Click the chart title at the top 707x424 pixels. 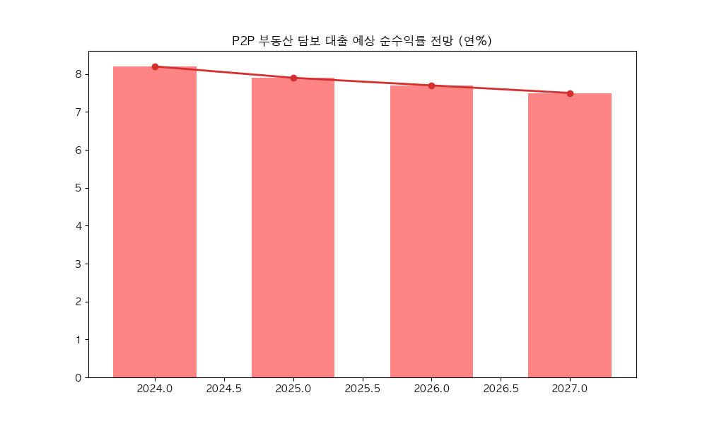362,41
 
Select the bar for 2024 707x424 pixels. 155,222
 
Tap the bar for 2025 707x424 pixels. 293,228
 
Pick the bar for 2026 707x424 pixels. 431,231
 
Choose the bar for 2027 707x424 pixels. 570,235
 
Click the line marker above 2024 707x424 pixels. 155,66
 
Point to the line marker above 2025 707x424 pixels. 293,78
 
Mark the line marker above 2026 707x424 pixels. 431,86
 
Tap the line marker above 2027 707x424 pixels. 570,93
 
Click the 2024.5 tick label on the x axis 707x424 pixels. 224,389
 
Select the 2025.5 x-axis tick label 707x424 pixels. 363,389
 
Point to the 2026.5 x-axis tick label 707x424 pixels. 501,389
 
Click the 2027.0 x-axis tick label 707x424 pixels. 570,389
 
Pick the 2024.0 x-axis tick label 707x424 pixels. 155,389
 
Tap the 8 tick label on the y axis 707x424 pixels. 78,74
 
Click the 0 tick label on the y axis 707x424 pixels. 78,377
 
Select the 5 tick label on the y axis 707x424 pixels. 78,188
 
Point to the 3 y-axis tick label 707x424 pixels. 78,264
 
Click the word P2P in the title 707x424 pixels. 244,41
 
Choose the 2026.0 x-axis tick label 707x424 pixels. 431,389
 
